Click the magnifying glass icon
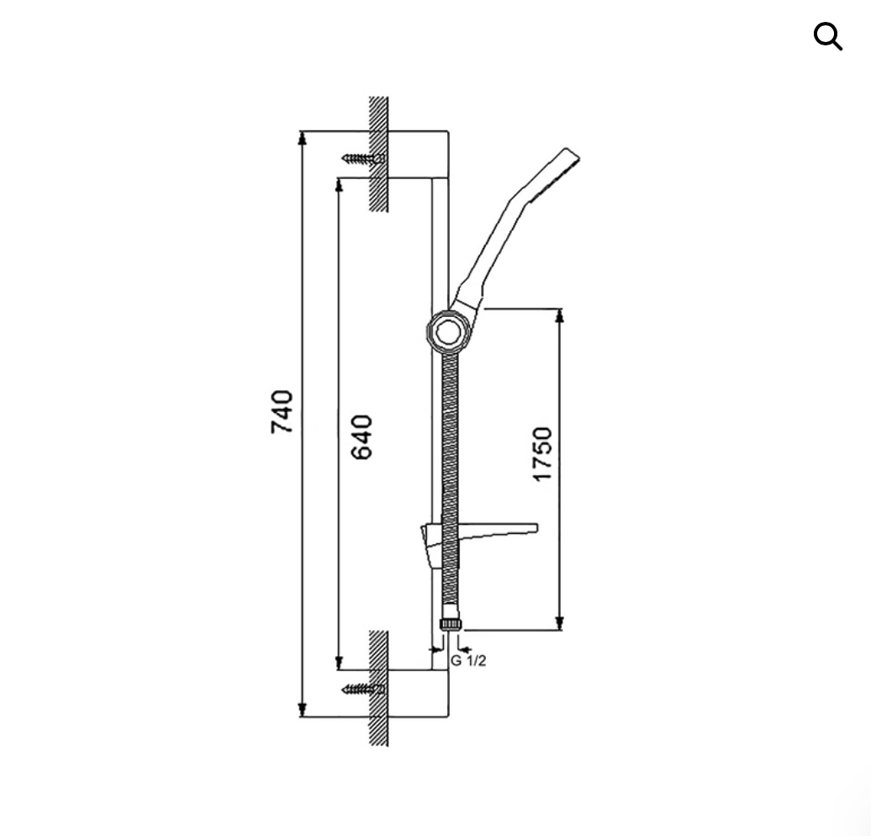tap(827, 37)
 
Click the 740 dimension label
tap(282, 412)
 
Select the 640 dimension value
tap(362, 437)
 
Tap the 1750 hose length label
tap(542, 454)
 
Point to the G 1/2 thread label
tap(468, 661)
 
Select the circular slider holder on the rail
tap(447, 332)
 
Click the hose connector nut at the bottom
tap(451, 623)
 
